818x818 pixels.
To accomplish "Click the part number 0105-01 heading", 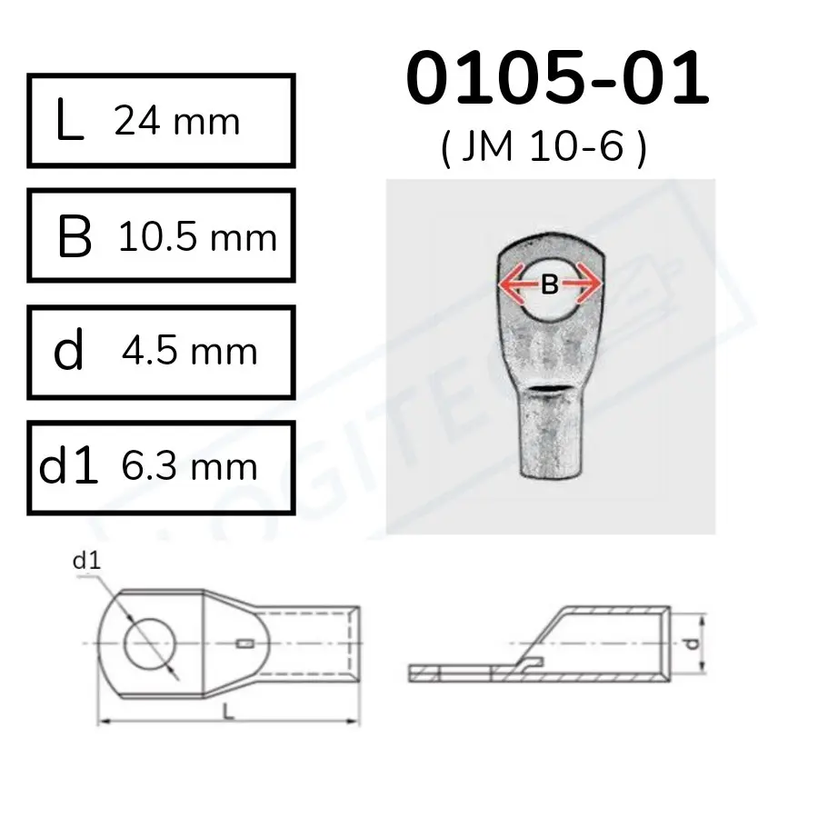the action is click(557, 78).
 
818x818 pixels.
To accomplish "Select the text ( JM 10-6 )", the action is click(544, 147).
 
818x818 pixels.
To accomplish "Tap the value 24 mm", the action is click(177, 122).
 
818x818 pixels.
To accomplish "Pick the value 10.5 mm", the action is click(198, 237).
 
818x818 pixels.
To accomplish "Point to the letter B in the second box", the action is click(75, 237).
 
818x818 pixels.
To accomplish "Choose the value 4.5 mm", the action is click(190, 351).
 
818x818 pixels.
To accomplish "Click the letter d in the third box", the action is click(68, 350).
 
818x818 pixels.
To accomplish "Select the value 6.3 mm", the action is click(189, 466).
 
